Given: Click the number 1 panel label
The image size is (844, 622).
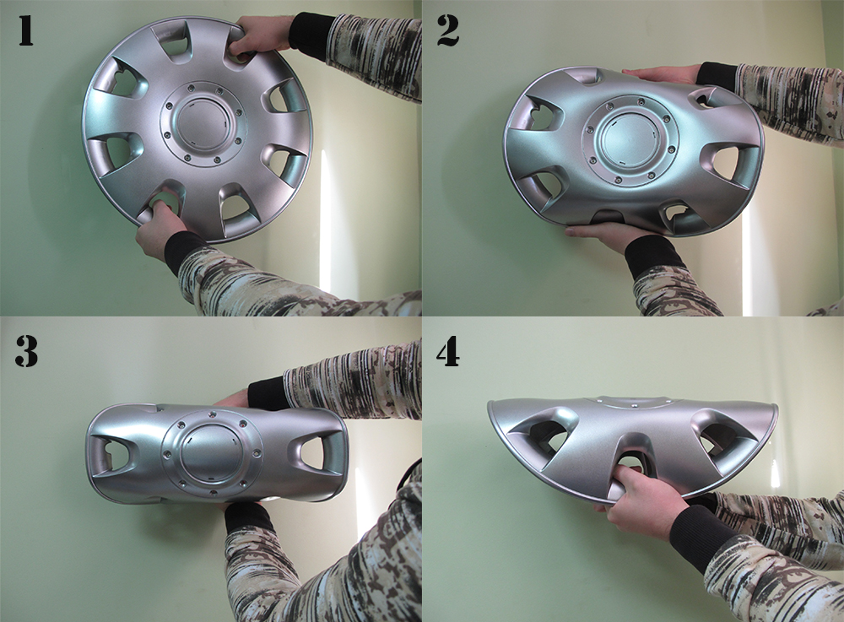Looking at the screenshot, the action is coord(26,30).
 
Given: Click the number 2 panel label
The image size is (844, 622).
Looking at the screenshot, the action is coord(448,30).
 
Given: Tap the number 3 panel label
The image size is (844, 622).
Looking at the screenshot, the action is coord(26,351).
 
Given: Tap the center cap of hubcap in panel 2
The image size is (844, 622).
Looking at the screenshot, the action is coord(630,138).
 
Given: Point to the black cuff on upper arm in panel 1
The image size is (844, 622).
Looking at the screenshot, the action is coord(311,35).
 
